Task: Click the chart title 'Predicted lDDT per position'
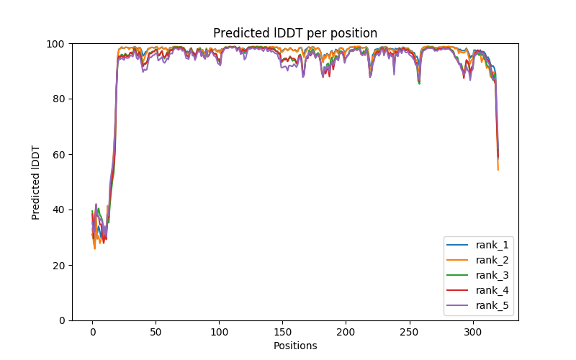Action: pos(295,33)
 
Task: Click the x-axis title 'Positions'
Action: pos(295,346)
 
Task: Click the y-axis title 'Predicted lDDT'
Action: pos(36,181)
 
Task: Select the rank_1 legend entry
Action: pos(490,245)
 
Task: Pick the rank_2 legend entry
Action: pos(490,260)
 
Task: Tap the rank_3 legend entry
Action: pos(490,275)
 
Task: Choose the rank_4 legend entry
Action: pos(490,290)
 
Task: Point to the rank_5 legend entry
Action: pos(490,305)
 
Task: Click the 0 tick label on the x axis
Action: pos(92,333)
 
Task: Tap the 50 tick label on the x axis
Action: pos(156,333)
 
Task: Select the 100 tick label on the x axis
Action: pos(219,333)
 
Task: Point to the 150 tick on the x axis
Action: pos(282,333)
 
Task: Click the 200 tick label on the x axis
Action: pos(346,333)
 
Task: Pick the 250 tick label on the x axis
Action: pos(410,333)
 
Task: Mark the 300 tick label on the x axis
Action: pos(473,333)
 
